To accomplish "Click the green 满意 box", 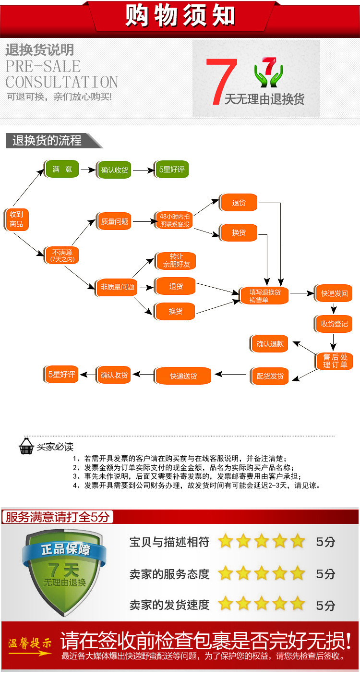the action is [x=62, y=169].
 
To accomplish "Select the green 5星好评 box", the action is [x=171, y=170].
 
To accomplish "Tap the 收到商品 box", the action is [x=16, y=219].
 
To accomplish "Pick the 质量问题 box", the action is [x=114, y=221].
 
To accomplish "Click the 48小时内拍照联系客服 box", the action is [x=174, y=220].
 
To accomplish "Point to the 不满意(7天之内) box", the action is [x=62, y=255].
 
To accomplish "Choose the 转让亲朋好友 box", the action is [x=176, y=261].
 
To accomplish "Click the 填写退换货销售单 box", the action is [x=264, y=296].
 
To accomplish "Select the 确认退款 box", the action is [x=270, y=344].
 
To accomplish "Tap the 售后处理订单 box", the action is [x=334, y=361].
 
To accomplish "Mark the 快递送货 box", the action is [x=183, y=376].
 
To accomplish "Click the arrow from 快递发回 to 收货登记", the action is [x=334, y=308].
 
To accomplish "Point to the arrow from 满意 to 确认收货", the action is [x=88, y=170].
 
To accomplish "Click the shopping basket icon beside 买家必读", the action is [x=26, y=446].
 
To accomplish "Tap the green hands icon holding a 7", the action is [x=269, y=72].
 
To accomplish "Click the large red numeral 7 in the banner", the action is [x=221, y=81].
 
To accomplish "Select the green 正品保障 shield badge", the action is [x=64, y=573].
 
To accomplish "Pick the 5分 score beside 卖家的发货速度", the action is [x=325, y=605].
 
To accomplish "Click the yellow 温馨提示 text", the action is [x=30, y=643].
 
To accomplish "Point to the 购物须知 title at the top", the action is [x=180, y=15].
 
